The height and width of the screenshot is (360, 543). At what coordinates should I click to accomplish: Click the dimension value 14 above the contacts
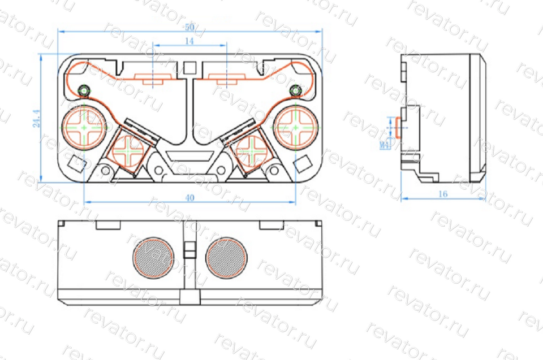pos(189,41)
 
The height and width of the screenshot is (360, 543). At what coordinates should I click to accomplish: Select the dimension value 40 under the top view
pos(189,198)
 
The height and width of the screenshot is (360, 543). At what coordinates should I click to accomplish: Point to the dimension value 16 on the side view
pos(443,194)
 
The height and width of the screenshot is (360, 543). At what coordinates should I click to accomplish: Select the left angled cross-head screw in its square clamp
pos(130,151)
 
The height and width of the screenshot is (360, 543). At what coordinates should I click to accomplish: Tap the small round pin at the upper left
pos(84,90)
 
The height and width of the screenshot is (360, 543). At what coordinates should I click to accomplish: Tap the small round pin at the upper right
pos(294,90)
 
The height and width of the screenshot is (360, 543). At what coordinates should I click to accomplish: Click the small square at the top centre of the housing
pos(189,68)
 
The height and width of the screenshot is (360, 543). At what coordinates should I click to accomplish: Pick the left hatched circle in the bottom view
pos(153,258)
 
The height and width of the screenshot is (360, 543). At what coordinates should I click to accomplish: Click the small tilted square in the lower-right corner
pos(304,163)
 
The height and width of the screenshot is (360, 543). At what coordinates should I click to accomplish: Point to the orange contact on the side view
pos(398,128)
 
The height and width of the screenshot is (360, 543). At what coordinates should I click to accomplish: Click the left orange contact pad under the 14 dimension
pos(153,78)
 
